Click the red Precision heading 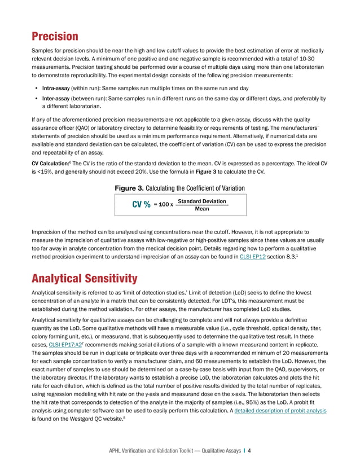coord(55,37)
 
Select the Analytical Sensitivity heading coord(85,278)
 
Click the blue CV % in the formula coord(141,205)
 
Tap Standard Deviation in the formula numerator coord(201,201)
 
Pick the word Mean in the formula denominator coord(201,209)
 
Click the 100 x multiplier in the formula coord(164,205)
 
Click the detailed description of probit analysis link coord(288,410)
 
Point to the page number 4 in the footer coord(249,451)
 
